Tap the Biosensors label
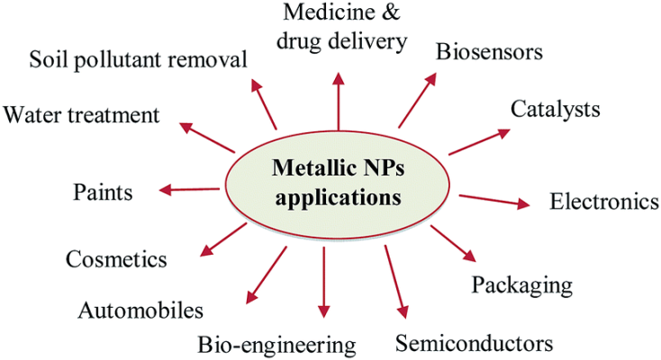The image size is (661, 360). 489,51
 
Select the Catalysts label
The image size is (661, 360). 555,110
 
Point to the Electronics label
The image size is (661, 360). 604,201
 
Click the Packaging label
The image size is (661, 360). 522,285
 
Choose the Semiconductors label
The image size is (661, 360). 473,343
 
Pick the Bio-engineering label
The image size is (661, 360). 277,344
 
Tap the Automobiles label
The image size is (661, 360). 140,311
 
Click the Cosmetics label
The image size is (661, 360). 116,260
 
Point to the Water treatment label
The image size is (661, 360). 81,115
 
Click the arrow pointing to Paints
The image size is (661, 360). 190,189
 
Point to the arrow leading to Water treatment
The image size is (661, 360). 206,138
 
